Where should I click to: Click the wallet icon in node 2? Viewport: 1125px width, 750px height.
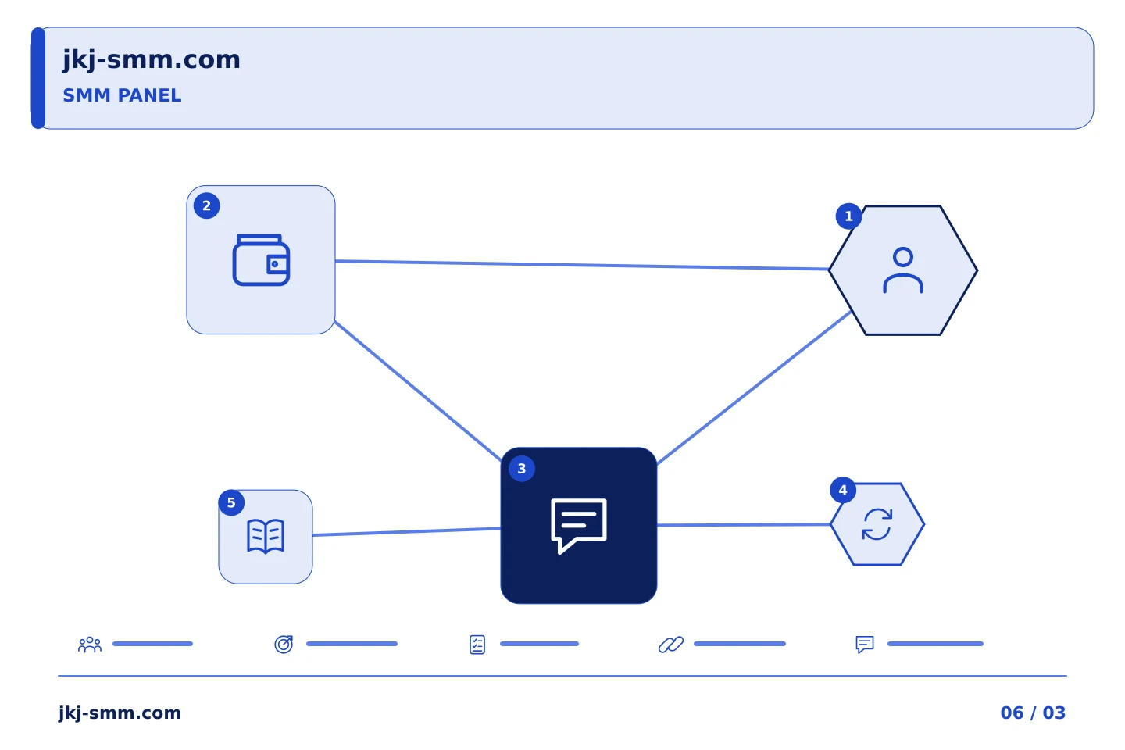[x=261, y=260]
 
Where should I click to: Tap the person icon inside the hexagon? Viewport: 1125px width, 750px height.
[x=903, y=270]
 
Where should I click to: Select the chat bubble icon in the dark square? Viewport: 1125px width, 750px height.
[x=579, y=526]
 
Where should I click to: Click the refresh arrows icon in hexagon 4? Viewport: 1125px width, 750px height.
[x=877, y=524]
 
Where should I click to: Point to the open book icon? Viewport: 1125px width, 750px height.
[x=266, y=537]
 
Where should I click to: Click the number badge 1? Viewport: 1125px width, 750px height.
[x=848, y=216]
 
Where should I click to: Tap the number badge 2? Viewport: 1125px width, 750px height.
[x=206, y=206]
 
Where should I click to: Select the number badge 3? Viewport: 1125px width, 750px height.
[x=522, y=469]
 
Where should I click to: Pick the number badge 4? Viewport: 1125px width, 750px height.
[x=843, y=490]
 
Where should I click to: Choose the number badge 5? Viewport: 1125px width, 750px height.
[x=231, y=502]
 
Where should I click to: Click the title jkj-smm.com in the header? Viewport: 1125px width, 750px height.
[x=152, y=60]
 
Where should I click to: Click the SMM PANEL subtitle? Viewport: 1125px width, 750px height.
[x=122, y=95]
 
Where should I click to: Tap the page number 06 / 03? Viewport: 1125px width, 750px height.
[x=1033, y=712]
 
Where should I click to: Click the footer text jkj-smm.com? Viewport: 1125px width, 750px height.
[x=120, y=713]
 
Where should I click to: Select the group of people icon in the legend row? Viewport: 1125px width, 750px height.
[x=90, y=644]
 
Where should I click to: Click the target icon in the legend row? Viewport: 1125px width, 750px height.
[x=284, y=644]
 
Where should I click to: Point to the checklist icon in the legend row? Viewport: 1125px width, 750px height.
[x=477, y=645]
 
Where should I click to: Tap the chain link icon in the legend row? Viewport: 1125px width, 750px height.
[x=671, y=645]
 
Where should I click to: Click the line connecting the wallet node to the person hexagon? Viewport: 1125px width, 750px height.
[x=581, y=266]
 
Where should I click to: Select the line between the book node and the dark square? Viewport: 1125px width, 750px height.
[x=406, y=531]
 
